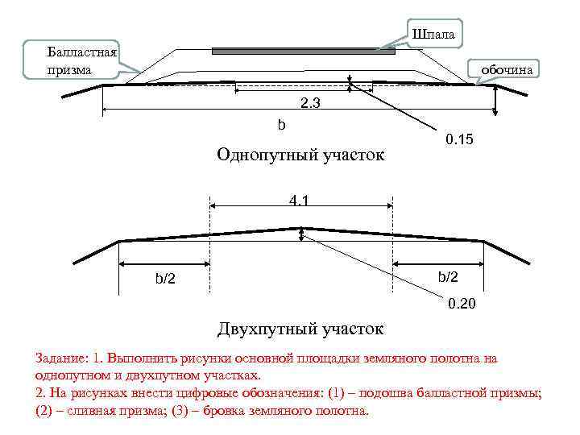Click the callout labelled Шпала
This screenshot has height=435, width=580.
(433, 35)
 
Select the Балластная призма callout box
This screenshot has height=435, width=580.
(81, 61)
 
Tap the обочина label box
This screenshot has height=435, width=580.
(506, 70)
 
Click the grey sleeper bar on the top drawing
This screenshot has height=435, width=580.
(304, 51)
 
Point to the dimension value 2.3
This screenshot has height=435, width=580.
(310, 102)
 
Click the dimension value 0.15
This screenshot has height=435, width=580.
(459, 140)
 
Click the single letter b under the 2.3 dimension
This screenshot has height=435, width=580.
(281, 125)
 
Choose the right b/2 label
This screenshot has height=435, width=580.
(448, 277)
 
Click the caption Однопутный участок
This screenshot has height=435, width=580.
(300, 154)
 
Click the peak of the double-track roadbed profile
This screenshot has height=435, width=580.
(301, 229)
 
